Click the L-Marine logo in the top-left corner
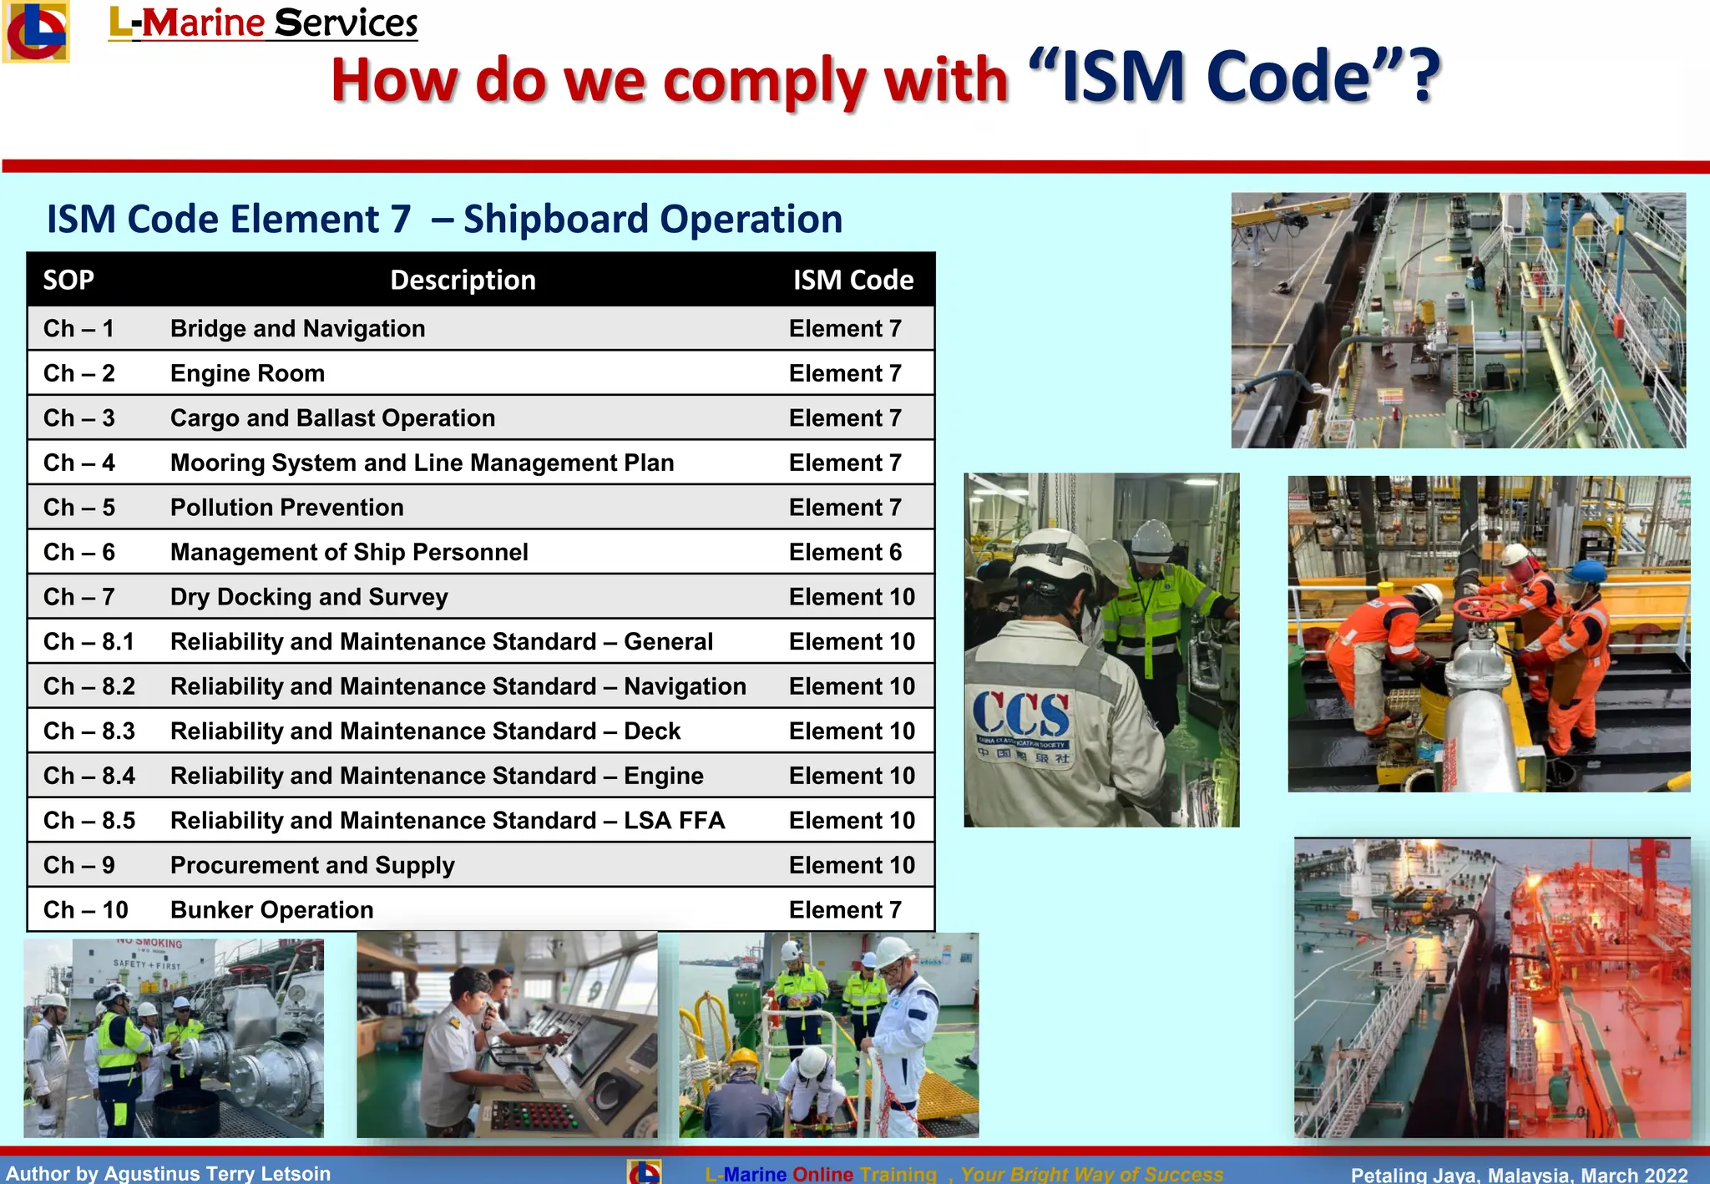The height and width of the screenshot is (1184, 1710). pos(35,32)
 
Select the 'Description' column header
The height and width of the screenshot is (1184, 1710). pos(463,280)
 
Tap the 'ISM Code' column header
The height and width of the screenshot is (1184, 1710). pos(852,280)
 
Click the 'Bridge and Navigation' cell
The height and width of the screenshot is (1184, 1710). pos(297,329)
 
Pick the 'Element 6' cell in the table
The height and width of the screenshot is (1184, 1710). pos(845,553)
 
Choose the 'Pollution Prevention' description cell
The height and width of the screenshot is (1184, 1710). pos(286,508)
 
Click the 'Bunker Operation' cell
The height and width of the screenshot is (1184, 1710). pos(271,910)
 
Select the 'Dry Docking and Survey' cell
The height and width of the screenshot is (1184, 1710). pos(309,597)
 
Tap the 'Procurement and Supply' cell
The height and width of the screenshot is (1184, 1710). pos(312,866)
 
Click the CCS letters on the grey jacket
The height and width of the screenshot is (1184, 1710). pos(1020,715)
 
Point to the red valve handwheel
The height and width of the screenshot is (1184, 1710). pos(1480,608)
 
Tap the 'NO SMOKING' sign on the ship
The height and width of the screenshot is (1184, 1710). pos(149,944)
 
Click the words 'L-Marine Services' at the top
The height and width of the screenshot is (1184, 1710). pos(263,23)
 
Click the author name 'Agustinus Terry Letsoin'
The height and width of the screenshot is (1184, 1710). pos(217,1173)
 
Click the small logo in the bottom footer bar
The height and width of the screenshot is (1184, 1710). pos(644,1172)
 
